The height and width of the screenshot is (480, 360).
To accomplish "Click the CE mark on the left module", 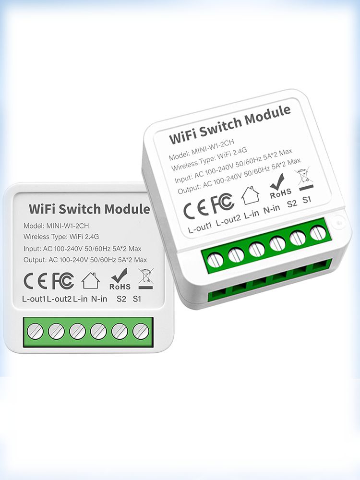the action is tap(35, 281).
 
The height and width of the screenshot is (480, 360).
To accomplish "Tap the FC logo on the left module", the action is tap(63, 281).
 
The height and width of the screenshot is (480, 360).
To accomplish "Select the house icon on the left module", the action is tap(91, 280).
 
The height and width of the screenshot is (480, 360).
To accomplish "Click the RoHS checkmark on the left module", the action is tap(120, 276).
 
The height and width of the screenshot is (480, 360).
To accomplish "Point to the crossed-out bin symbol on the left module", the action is tap(146, 278).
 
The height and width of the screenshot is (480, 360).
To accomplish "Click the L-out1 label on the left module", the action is tap(34, 299).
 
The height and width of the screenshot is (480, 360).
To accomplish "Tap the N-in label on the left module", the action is tap(99, 299).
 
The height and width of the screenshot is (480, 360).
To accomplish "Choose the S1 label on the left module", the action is tap(137, 299).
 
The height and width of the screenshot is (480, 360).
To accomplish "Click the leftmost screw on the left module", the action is tap(35, 331).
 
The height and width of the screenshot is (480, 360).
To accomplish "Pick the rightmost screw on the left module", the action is tap(141, 331).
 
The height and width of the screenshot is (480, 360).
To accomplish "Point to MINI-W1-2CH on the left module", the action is tap(67, 226).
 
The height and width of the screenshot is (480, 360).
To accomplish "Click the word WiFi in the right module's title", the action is tap(182, 136).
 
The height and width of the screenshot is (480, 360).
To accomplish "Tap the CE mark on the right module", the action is tap(195, 209).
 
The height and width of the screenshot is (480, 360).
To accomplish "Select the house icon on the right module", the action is tap(251, 195).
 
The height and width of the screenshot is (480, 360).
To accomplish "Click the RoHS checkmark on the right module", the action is tap(277, 181).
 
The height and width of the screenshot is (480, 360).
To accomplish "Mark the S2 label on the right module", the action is tap(292, 203).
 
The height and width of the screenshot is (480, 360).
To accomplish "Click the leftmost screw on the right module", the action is tap(215, 261).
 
